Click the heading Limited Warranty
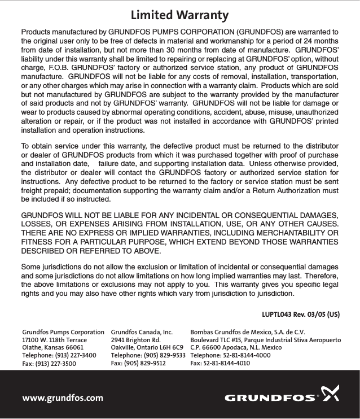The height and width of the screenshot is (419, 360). point(179,14)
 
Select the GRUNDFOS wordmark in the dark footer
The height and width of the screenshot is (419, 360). point(270,398)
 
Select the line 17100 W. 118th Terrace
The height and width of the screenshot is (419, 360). point(54,341)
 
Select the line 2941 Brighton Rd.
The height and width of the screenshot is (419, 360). point(136,341)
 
